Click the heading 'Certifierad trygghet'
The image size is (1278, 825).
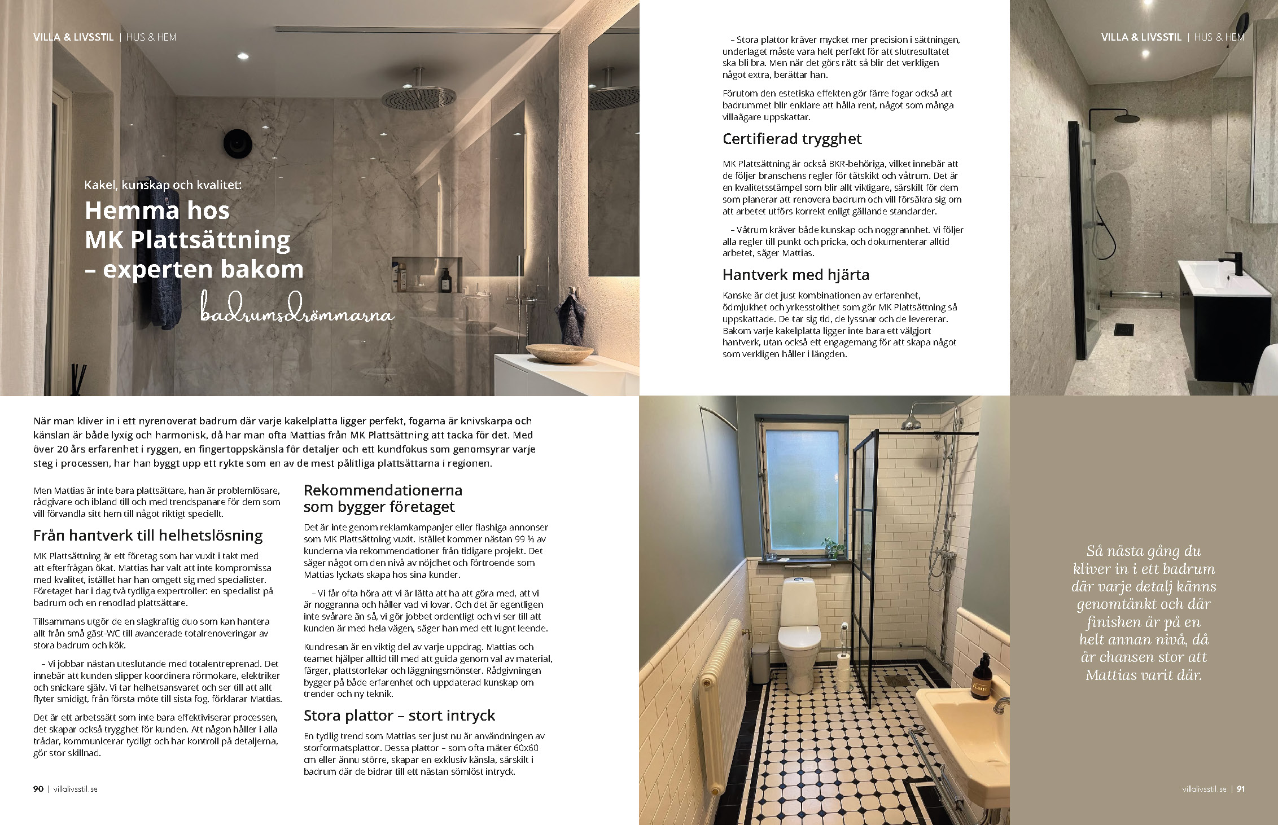tap(792, 139)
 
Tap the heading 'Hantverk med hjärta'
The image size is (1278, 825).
tap(795, 275)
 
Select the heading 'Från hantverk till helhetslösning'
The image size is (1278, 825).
tap(148, 535)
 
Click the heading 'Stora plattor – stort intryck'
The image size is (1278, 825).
tap(399, 716)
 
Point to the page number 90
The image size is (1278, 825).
tap(38, 789)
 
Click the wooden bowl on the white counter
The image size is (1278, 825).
tap(560, 352)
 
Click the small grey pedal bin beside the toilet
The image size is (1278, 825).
tap(760, 657)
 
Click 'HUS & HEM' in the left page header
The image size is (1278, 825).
tap(151, 37)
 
